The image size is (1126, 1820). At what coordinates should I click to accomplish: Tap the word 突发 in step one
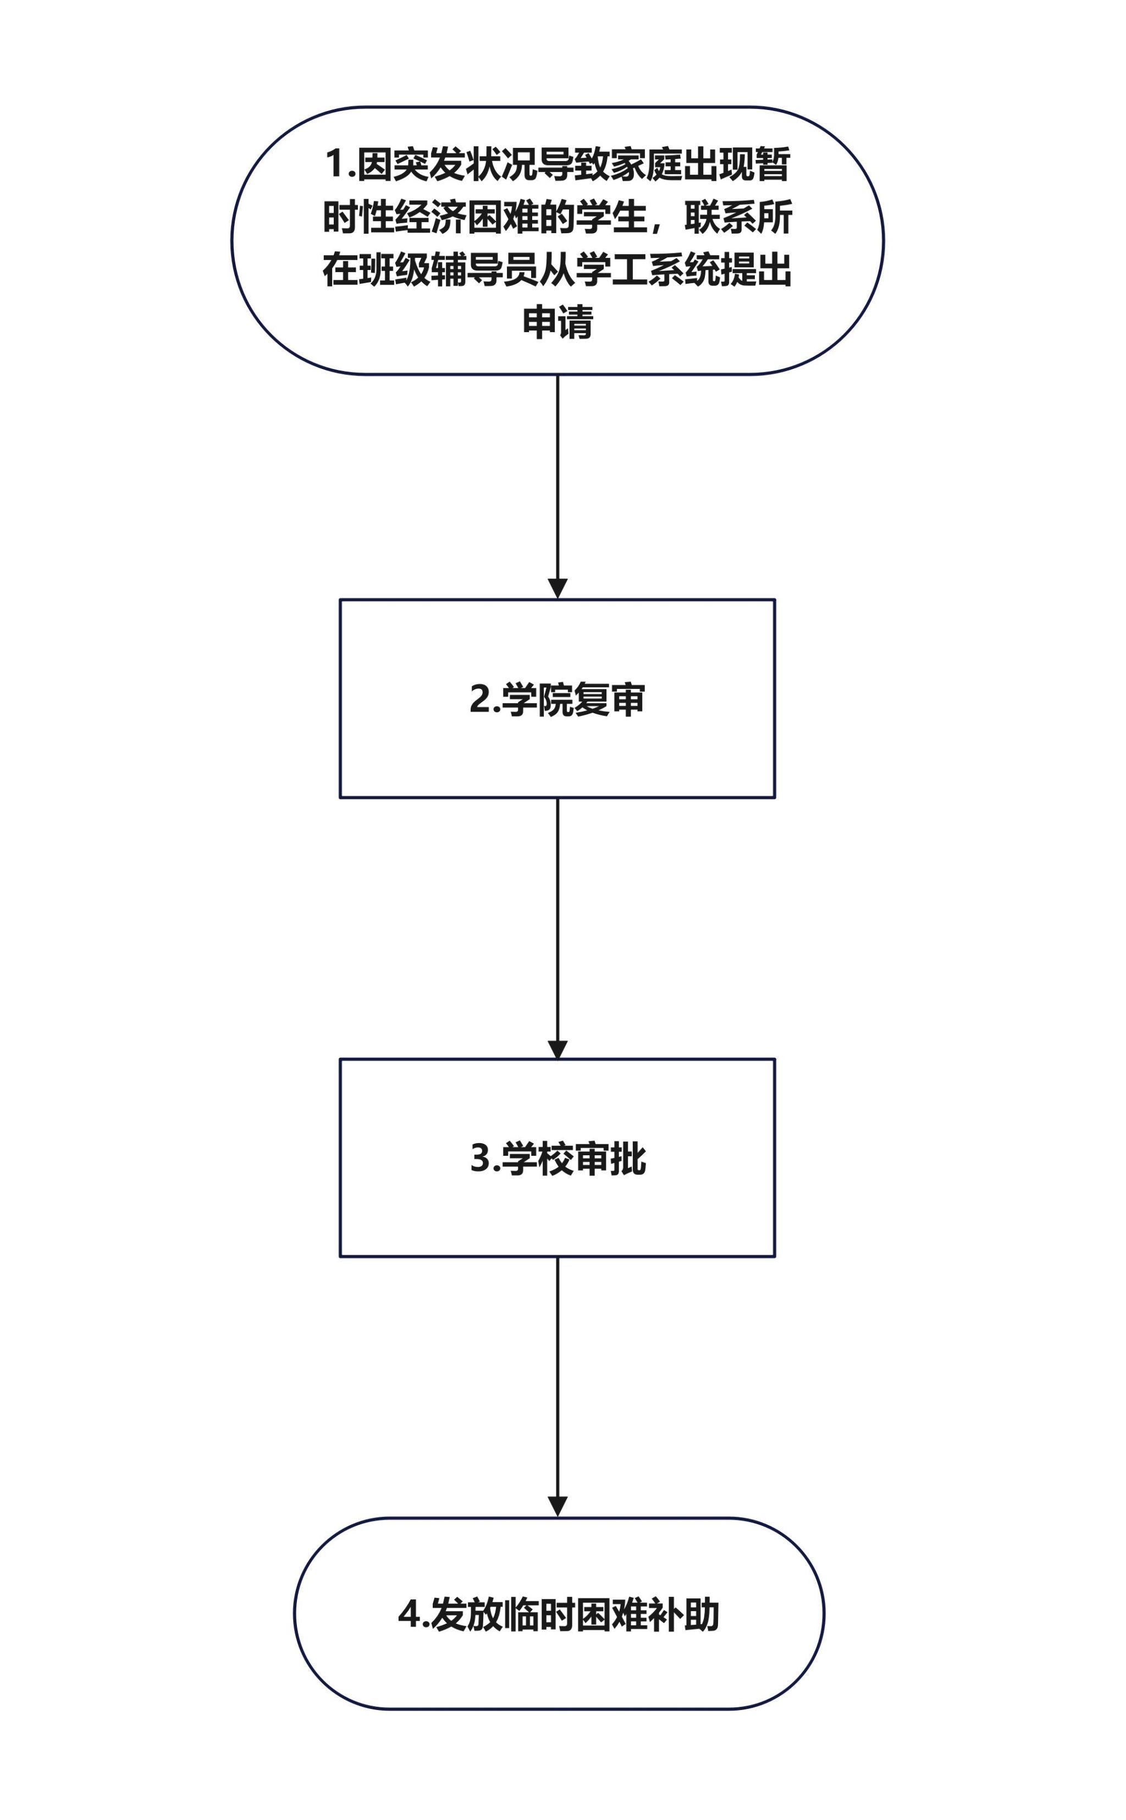point(429,164)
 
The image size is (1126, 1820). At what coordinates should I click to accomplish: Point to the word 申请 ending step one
point(558,322)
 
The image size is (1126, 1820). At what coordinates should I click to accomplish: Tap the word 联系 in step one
point(720,217)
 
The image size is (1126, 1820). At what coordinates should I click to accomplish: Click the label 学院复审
point(573,699)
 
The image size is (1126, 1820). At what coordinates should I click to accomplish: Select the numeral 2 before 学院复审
point(479,699)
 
